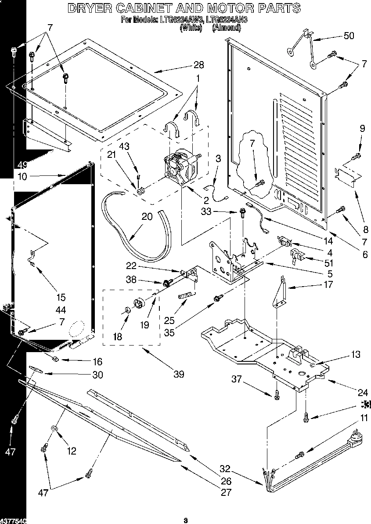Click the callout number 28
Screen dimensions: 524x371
[x=198, y=65]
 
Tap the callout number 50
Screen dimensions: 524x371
[x=348, y=36]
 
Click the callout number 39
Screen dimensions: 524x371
[x=178, y=374]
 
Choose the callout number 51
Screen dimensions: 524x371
[x=328, y=263]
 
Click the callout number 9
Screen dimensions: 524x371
[x=362, y=129]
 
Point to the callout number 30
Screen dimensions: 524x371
[x=97, y=375]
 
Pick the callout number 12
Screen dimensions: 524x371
[x=71, y=450]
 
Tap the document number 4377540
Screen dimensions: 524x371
[x=13, y=520]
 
